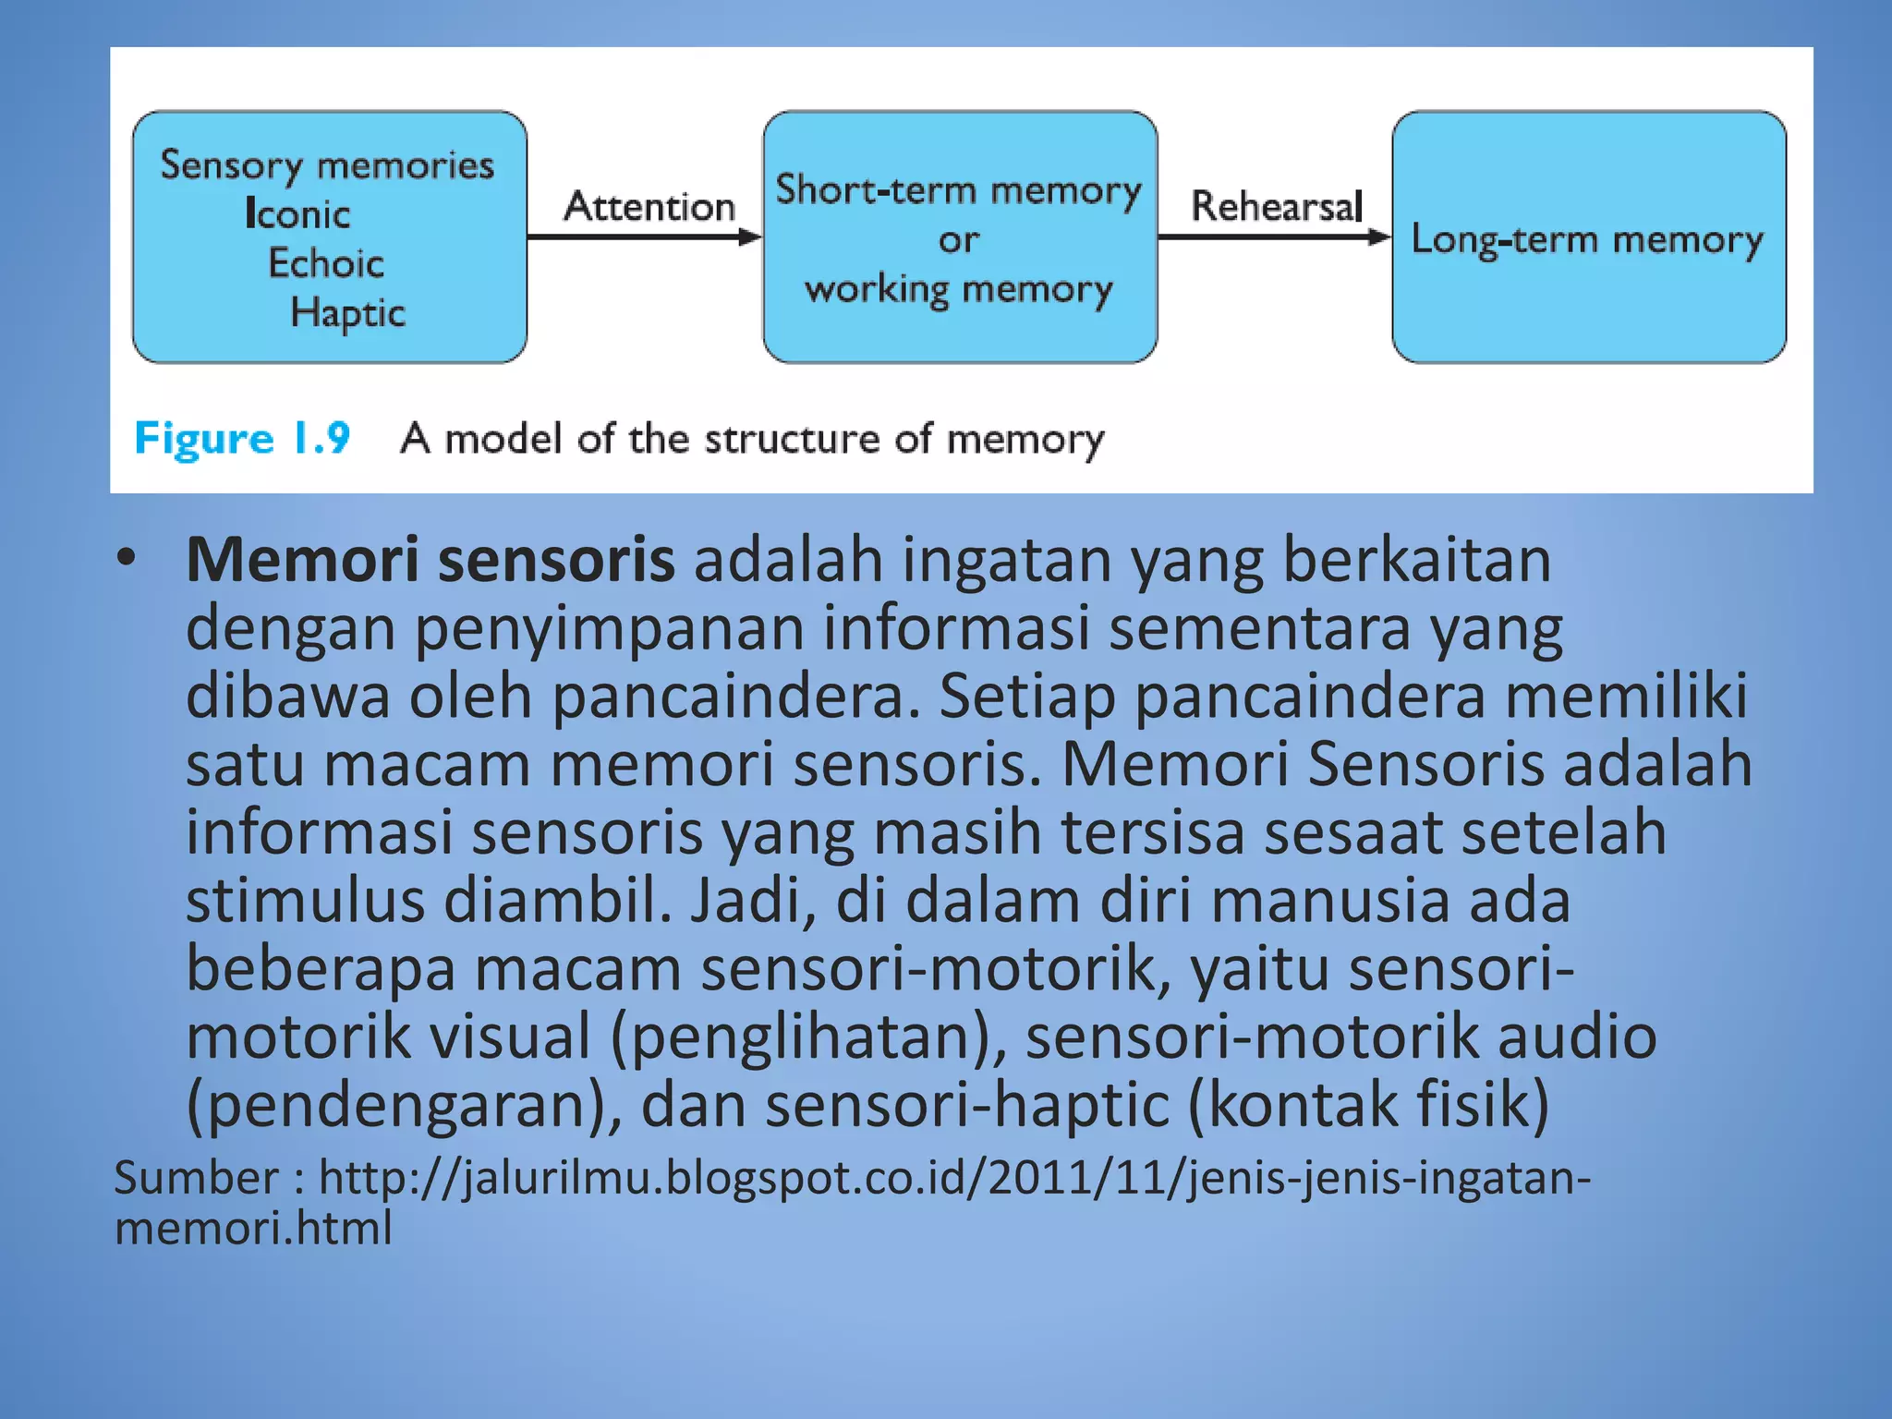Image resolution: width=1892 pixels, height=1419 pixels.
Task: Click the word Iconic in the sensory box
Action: tap(297, 214)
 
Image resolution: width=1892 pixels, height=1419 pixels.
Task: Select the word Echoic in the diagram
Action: tap(326, 263)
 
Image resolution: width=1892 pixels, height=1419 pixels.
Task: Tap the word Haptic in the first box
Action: tap(347, 313)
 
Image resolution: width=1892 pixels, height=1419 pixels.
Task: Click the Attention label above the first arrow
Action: tap(649, 206)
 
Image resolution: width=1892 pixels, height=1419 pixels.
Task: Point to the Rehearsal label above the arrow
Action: tap(1277, 206)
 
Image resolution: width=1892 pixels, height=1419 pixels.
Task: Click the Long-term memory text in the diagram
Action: tap(1587, 240)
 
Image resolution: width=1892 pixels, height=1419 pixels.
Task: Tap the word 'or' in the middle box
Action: tap(958, 240)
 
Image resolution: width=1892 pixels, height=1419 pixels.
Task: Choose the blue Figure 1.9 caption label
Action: tap(242, 438)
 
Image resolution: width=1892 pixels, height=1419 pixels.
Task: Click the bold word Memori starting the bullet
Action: tap(302, 560)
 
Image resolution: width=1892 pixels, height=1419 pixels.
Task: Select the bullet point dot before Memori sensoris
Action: tap(127, 557)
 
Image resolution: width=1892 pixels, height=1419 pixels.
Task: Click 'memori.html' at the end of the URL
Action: tap(253, 1229)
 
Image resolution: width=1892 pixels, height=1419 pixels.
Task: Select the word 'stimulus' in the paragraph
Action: tap(305, 901)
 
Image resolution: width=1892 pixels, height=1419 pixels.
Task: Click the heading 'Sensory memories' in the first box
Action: tap(327, 165)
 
